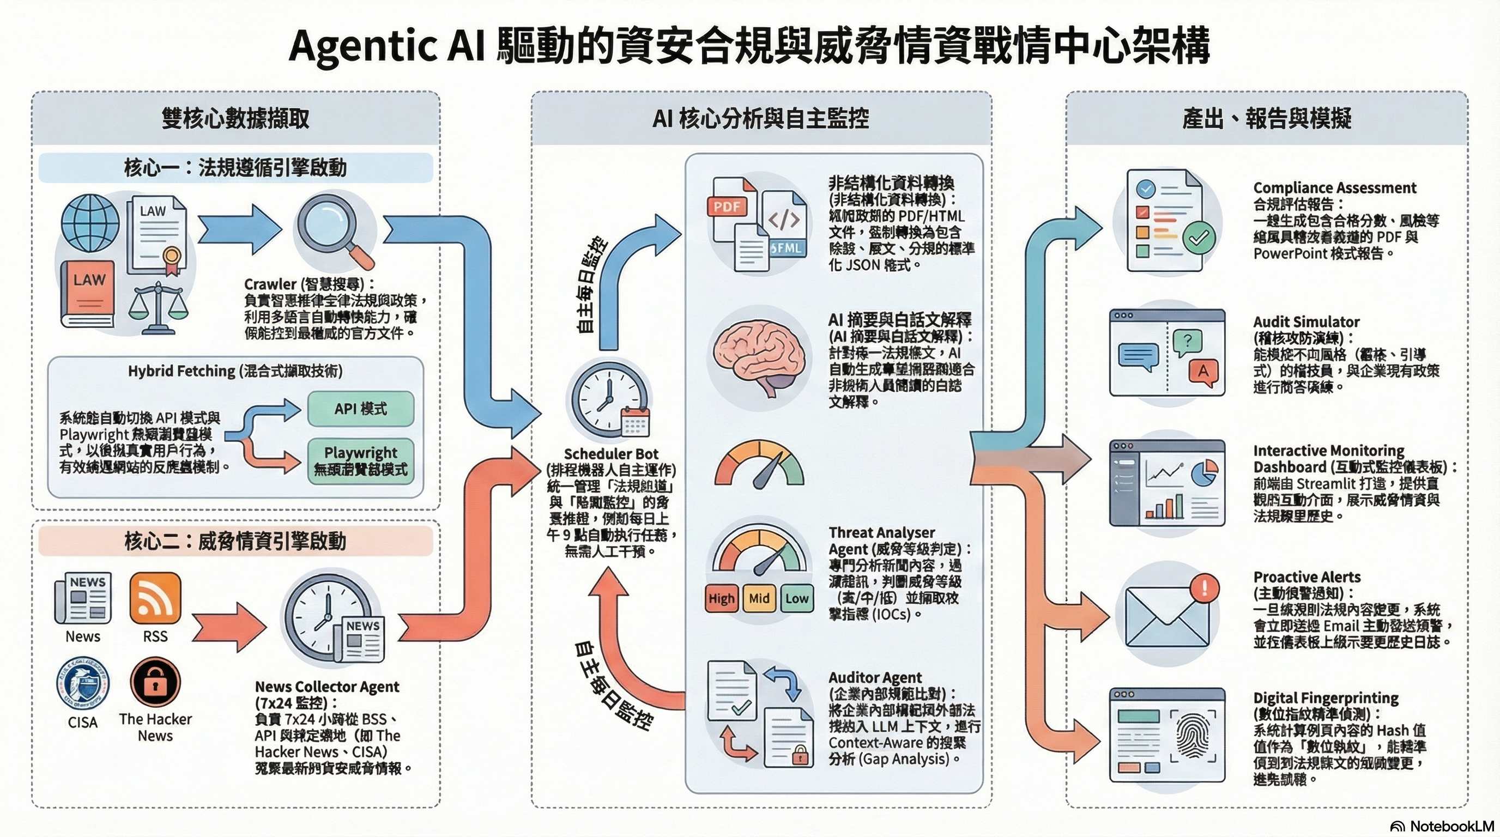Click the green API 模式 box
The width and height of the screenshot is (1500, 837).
click(360, 409)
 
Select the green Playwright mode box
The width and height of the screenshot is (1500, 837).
click(360, 461)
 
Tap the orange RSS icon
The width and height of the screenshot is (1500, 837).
click(155, 598)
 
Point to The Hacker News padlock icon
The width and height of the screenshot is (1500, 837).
click(155, 682)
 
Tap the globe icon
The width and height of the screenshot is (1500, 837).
click(90, 223)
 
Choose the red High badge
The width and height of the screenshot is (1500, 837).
click(722, 598)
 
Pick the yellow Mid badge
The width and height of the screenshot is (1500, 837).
click(759, 598)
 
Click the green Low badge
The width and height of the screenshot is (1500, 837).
click(796, 598)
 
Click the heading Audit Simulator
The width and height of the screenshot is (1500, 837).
click(1306, 322)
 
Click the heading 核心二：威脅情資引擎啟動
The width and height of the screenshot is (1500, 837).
click(235, 541)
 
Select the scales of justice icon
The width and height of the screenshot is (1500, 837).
click(159, 305)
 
